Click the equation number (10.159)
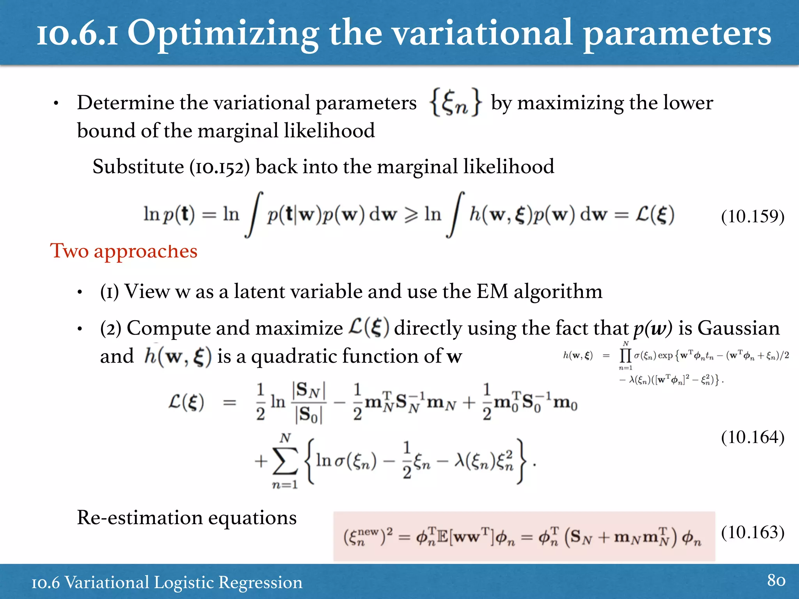(x=752, y=216)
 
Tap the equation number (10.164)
(x=752, y=437)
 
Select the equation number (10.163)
(x=752, y=532)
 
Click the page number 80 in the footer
(x=776, y=580)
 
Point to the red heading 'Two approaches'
(x=124, y=251)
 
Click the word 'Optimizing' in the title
(x=223, y=34)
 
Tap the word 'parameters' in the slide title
(x=677, y=34)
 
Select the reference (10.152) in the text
(x=219, y=167)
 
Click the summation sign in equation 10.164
(x=285, y=461)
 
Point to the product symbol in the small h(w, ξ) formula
(x=625, y=356)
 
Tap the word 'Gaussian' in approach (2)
(x=739, y=328)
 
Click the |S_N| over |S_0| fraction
(x=309, y=402)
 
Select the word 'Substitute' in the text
(x=138, y=167)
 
